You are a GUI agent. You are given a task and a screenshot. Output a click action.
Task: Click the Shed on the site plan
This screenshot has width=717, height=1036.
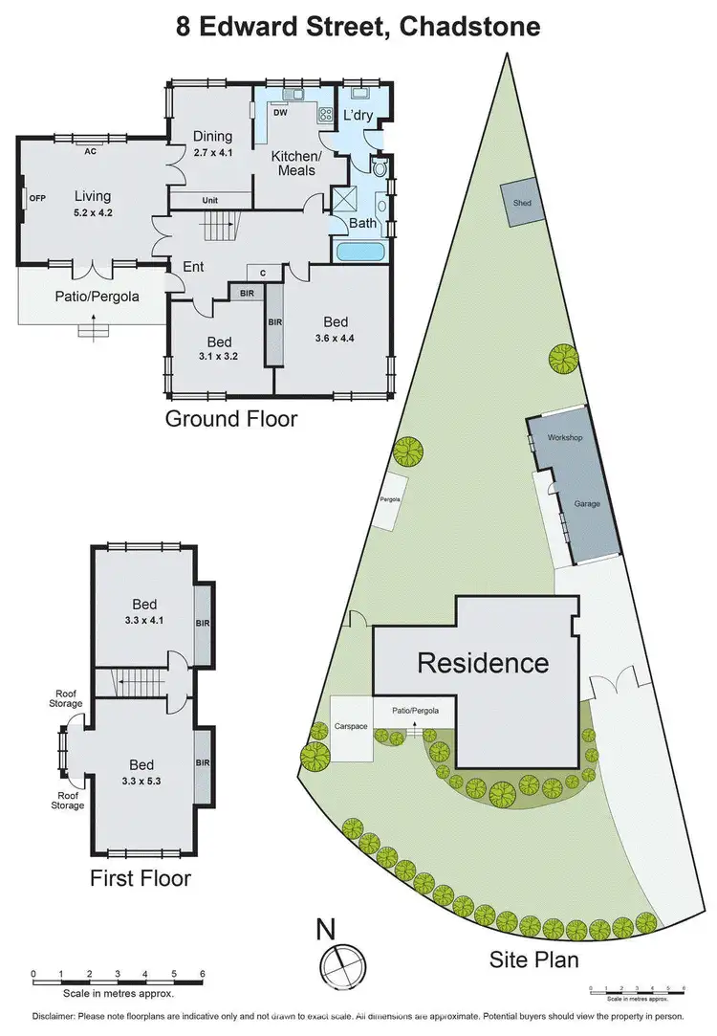point(522,204)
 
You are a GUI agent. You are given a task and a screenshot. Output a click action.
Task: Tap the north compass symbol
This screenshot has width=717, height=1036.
point(337,958)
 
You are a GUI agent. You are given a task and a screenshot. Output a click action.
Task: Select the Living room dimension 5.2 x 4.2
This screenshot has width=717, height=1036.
point(94,212)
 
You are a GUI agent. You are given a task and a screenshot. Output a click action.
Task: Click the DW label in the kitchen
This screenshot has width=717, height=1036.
point(280,113)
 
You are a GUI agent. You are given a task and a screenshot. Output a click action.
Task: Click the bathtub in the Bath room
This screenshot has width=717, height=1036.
point(361,252)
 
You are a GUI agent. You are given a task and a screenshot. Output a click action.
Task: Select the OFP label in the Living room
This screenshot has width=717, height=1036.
point(37,198)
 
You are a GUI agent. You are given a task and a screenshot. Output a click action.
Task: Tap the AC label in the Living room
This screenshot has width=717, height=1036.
point(91,151)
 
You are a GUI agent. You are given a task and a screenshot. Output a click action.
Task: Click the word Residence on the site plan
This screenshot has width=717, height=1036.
point(483,662)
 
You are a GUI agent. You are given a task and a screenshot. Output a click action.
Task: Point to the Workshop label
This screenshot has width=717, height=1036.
point(564,436)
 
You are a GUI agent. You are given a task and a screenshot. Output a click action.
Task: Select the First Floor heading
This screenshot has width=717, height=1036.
point(141,878)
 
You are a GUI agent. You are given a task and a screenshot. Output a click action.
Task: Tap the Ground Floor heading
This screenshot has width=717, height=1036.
point(231,418)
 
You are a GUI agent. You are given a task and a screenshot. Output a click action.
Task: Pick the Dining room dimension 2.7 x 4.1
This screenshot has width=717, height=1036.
point(212,151)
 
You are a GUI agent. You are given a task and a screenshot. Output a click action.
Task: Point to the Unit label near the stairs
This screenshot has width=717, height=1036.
point(211,200)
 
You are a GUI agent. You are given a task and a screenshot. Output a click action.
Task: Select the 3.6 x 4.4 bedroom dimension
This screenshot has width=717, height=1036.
point(334,336)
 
